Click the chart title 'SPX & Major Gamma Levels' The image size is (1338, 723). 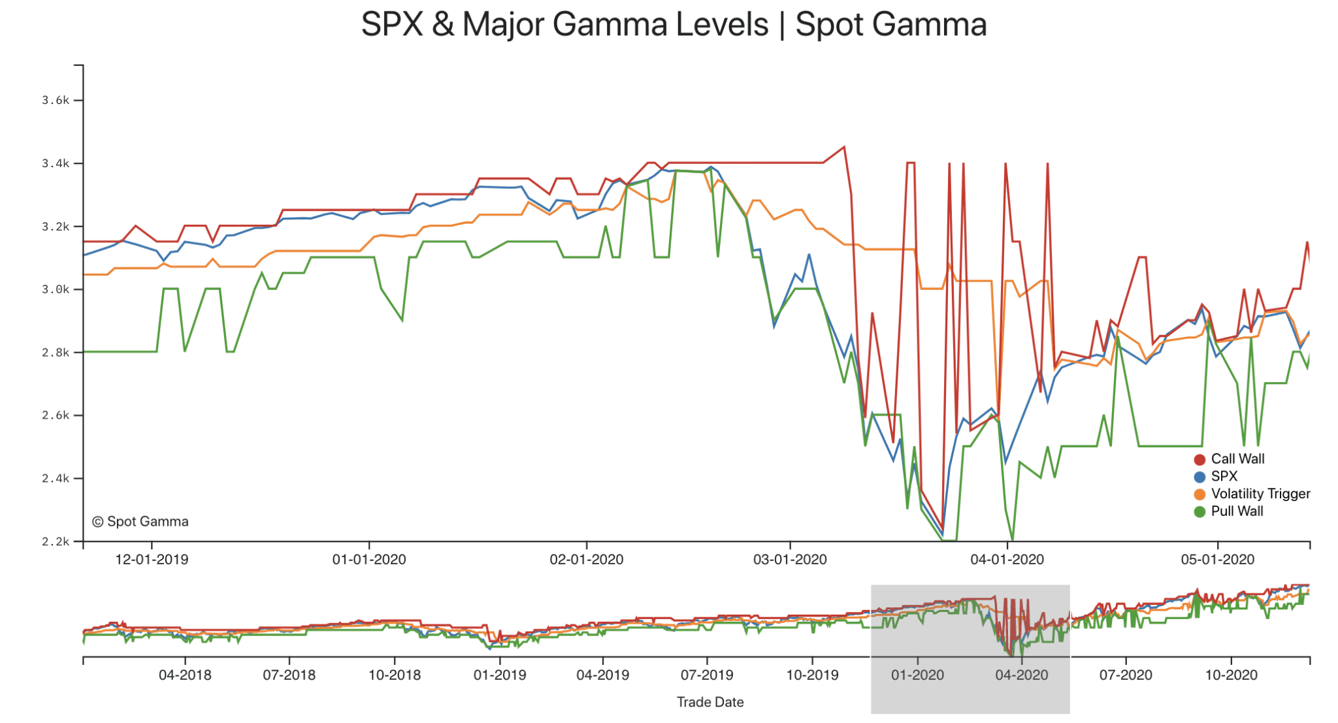[x=564, y=25]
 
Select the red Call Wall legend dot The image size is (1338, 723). [x=1199, y=459]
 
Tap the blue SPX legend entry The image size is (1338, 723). [x=1224, y=476]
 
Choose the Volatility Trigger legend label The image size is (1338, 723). [x=1260, y=494]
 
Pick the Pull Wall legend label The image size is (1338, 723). [x=1237, y=511]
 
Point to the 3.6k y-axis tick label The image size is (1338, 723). [x=56, y=100]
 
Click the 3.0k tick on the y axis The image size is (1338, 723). [x=56, y=289]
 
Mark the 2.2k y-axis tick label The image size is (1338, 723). [x=56, y=541]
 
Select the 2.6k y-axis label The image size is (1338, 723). [x=56, y=415]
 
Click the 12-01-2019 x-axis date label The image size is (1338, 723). [x=152, y=560]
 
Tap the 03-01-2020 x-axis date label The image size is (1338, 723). [x=790, y=560]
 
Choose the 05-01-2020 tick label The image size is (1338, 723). [x=1217, y=560]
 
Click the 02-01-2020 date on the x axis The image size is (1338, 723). [x=586, y=560]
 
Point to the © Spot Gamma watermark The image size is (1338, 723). [x=140, y=521]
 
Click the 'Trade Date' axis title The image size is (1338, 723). [x=710, y=702]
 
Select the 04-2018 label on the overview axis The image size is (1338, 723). [x=185, y=675]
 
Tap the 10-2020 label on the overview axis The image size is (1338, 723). [x=1231, y=675]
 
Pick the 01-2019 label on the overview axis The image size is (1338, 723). [x=499, y=675]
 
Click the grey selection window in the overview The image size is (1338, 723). [x=970, y=692]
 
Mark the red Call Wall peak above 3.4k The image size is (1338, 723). [x=844, y=147]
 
